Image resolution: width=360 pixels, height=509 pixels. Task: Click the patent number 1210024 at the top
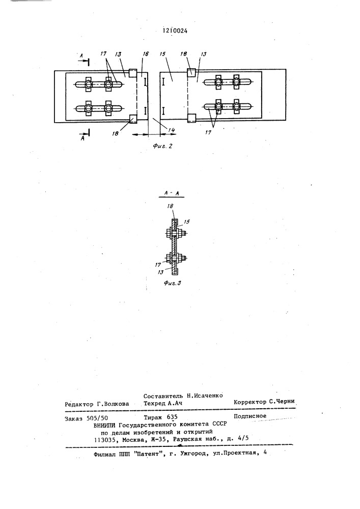pyautogui.click(x=175, y=31)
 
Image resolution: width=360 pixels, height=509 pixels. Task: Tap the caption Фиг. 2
pyautogui.click(x=162, y=146)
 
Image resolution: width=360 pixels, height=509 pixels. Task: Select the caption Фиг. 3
pyautogui.click(x=173, y=283)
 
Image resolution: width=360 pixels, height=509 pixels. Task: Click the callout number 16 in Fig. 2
pyautogui.click(x=146, y=54)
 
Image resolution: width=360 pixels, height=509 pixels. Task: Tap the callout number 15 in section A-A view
pyautogui.click(x=187, y=222)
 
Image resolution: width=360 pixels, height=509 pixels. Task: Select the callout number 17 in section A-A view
pyautogui.click(x=158, y=265)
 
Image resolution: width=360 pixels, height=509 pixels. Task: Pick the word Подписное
pyautogui.click(x=250, y=416)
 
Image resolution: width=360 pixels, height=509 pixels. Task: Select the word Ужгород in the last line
pyautogui.click(x=192, y=454)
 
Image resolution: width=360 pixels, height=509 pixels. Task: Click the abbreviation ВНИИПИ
pyautogui.click(x=105, y=425)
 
